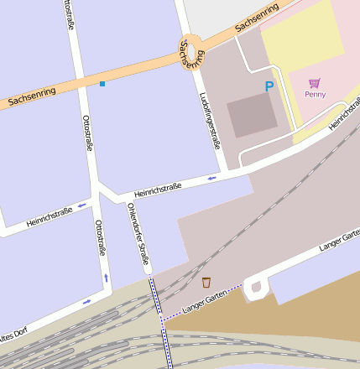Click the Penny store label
[316, 94]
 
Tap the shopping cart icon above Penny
[315, 82]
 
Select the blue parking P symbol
[269, 86]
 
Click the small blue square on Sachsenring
[102, 84]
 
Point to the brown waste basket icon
[206, 282]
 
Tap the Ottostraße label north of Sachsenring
[67, 16]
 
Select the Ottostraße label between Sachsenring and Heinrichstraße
[86, 133]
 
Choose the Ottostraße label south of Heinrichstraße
[100, 237]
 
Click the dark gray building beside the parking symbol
[252, 115]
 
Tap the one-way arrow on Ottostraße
[107, 277]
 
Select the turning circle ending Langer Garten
[256, 288]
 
